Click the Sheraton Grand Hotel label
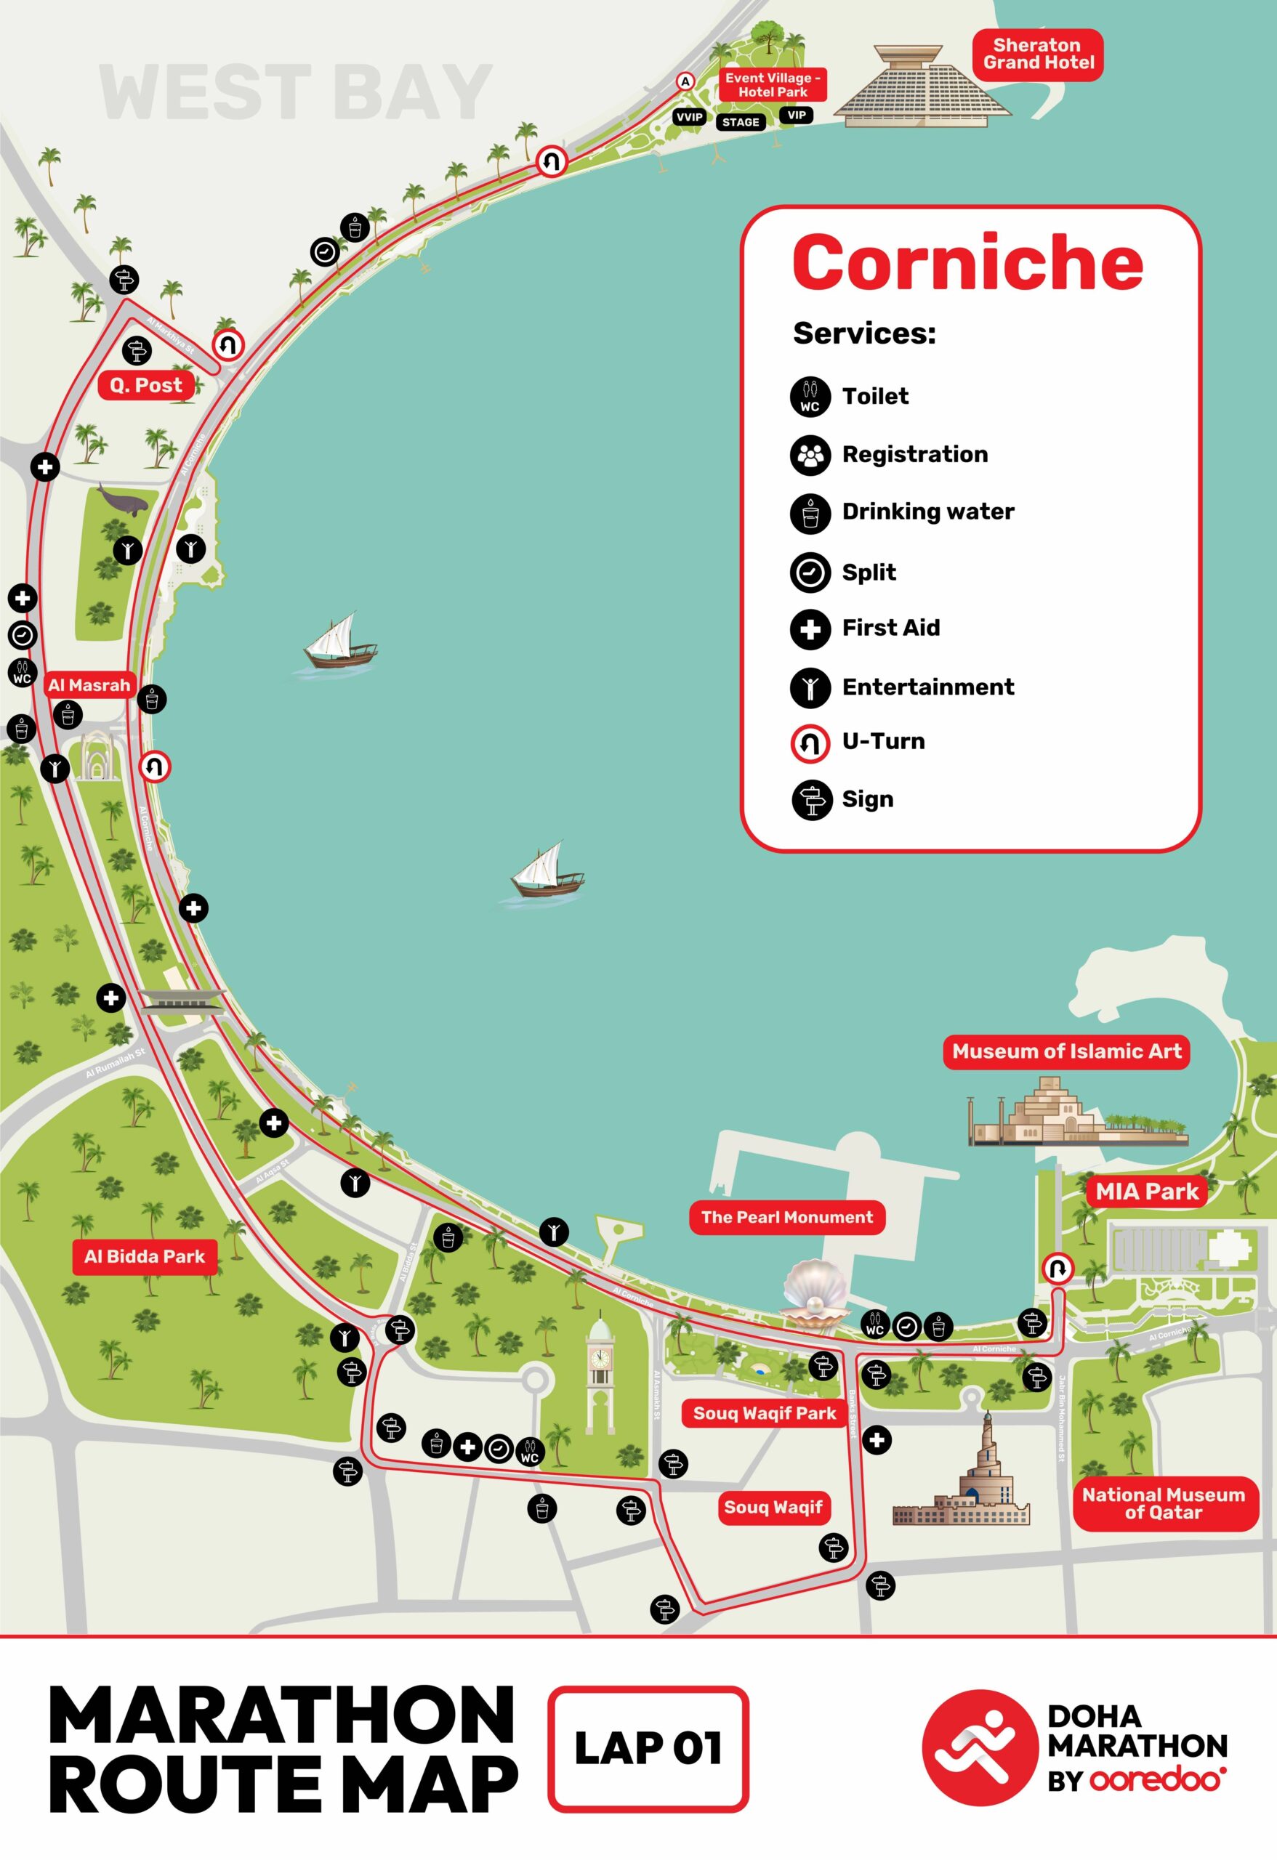[x=1038, y=54]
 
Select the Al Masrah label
[x=89, y=685]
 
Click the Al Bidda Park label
[x=145, y=1255]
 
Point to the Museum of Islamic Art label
[x=1065, y=1051]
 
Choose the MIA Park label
[x=1146, y=1192]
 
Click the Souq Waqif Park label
[x=764, y=1413]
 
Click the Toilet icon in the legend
[x=810, y=397]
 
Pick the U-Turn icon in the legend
[x=810, y=743]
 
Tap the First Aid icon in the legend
[x=810, y=630]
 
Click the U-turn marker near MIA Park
[x=1058, y=1269]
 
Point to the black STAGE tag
[x=740, y=123]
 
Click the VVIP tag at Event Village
[x=689, y=118]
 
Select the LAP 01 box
[x=648, y=1748]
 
